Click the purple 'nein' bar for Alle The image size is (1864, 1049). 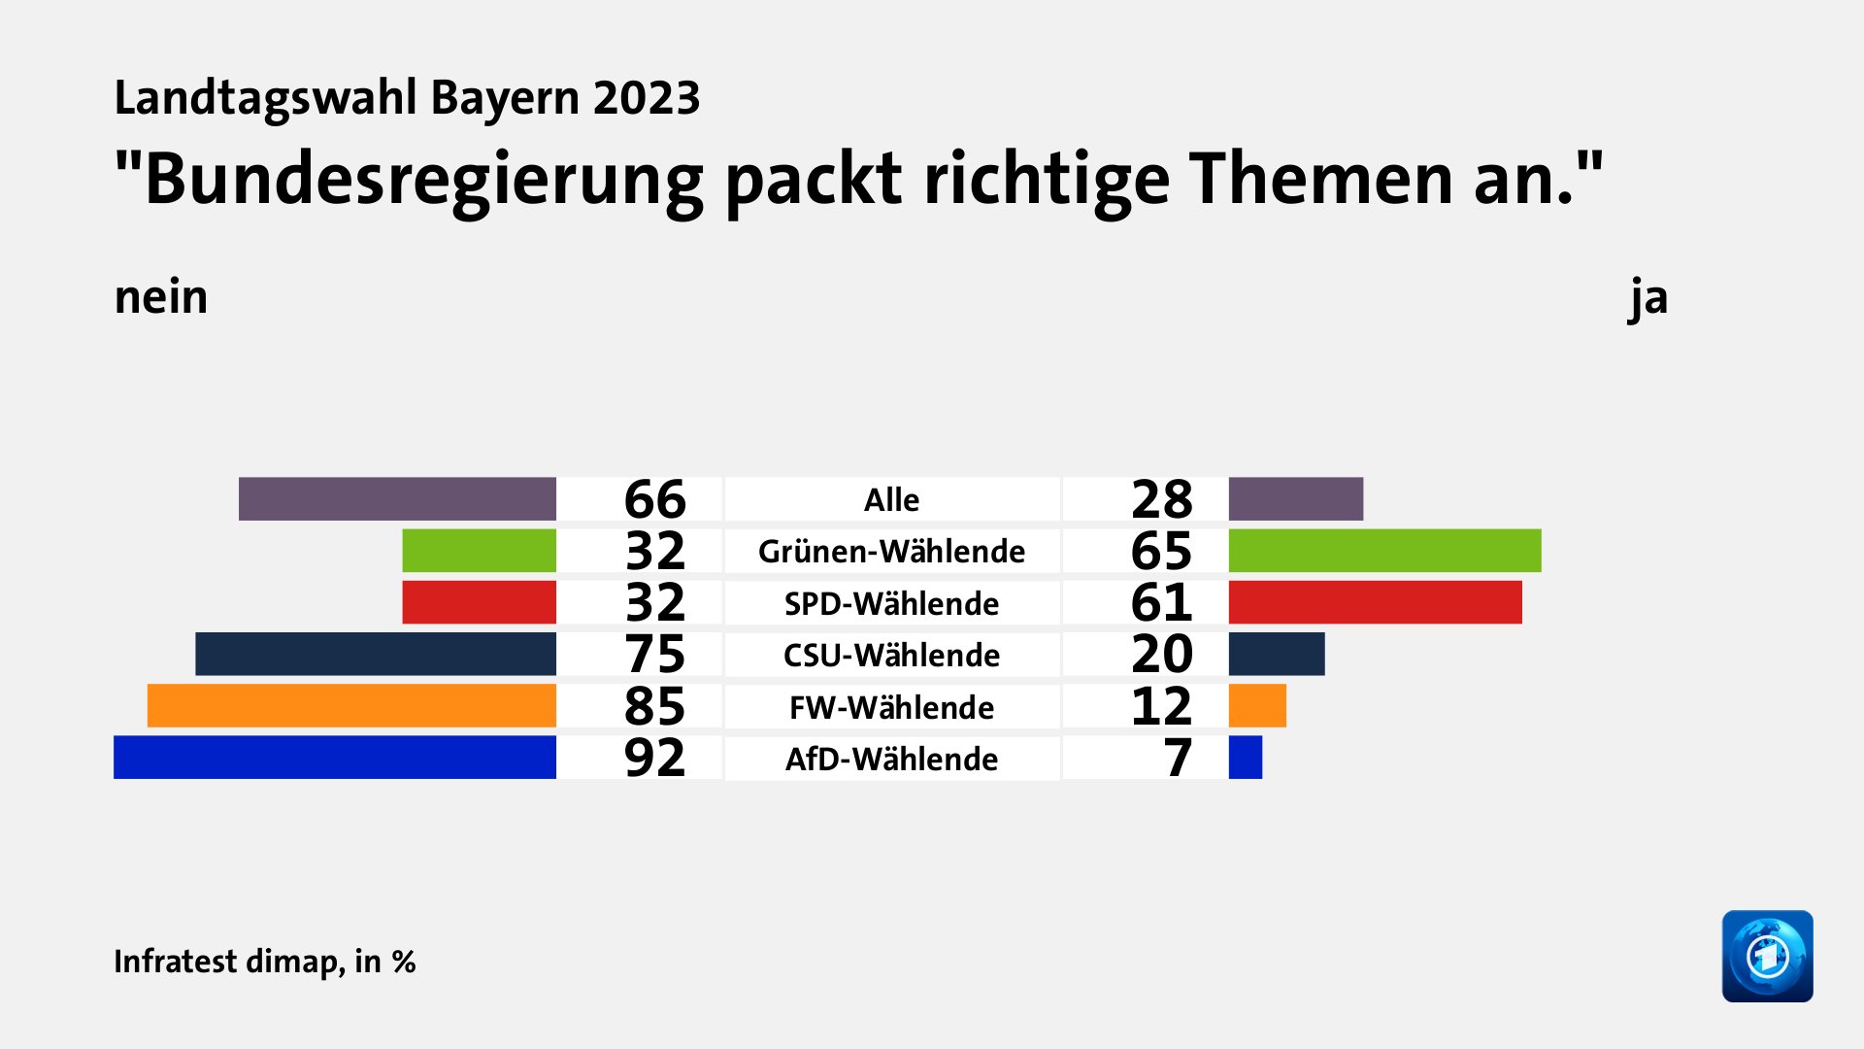pos(397,498)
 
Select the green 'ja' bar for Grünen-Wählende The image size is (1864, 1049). pos(1384,551)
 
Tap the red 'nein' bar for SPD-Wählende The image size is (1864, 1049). pos(479,602)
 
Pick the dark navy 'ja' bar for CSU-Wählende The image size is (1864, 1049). pos(1276,654)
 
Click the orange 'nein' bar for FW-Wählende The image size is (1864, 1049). pos(351,706)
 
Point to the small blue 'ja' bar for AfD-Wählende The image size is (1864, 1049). pos(1245,758)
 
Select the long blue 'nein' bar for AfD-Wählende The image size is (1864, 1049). pos(334,758)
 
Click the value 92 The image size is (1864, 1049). pos(654,758)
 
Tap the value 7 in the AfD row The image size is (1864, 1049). pos(1178,758)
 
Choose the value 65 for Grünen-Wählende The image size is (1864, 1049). pos(1161,551)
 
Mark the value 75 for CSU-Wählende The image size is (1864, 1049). pos(654,654)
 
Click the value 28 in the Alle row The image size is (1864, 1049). pos(1161,499)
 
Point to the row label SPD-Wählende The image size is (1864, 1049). pos(891,603)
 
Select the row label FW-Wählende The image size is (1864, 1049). pos(891,707)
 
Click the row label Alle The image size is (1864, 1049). pos(891,499)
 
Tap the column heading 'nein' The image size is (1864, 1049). pos(161,297)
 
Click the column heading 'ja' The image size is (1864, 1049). pos(1648,297)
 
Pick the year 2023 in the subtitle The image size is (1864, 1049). pos(647,98)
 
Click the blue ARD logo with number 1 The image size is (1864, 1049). pos(1767,956)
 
